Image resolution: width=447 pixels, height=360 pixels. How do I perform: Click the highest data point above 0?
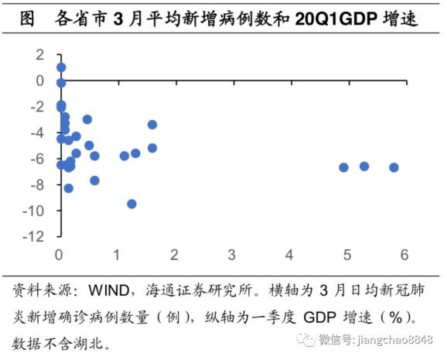coord(61,67)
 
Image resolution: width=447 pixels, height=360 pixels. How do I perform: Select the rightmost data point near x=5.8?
coord(394,167)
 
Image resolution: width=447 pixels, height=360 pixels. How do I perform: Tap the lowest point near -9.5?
coord(131,204)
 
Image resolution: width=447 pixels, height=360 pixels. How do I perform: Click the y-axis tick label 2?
coord(40,54)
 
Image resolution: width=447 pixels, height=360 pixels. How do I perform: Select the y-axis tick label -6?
coord(37,159)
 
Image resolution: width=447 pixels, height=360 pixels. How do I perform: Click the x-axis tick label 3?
coord(232,255)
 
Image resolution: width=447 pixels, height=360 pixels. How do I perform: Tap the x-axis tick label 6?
coord(404,255)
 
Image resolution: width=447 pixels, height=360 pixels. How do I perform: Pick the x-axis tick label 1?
coord(117,255)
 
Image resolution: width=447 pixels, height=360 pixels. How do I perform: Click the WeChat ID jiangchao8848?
coord(394,339)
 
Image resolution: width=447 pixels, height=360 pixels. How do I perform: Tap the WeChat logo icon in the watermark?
coord(308,339)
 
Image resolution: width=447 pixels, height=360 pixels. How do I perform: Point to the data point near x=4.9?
coord(343,167)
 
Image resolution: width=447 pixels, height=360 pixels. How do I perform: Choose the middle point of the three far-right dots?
coord(364,166)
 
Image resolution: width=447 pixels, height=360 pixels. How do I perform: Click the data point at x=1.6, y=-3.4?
coord(152,125)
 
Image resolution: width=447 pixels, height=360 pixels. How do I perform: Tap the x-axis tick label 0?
coord(60,255)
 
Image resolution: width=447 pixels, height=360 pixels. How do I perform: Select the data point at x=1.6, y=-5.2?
coord(152,148)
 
